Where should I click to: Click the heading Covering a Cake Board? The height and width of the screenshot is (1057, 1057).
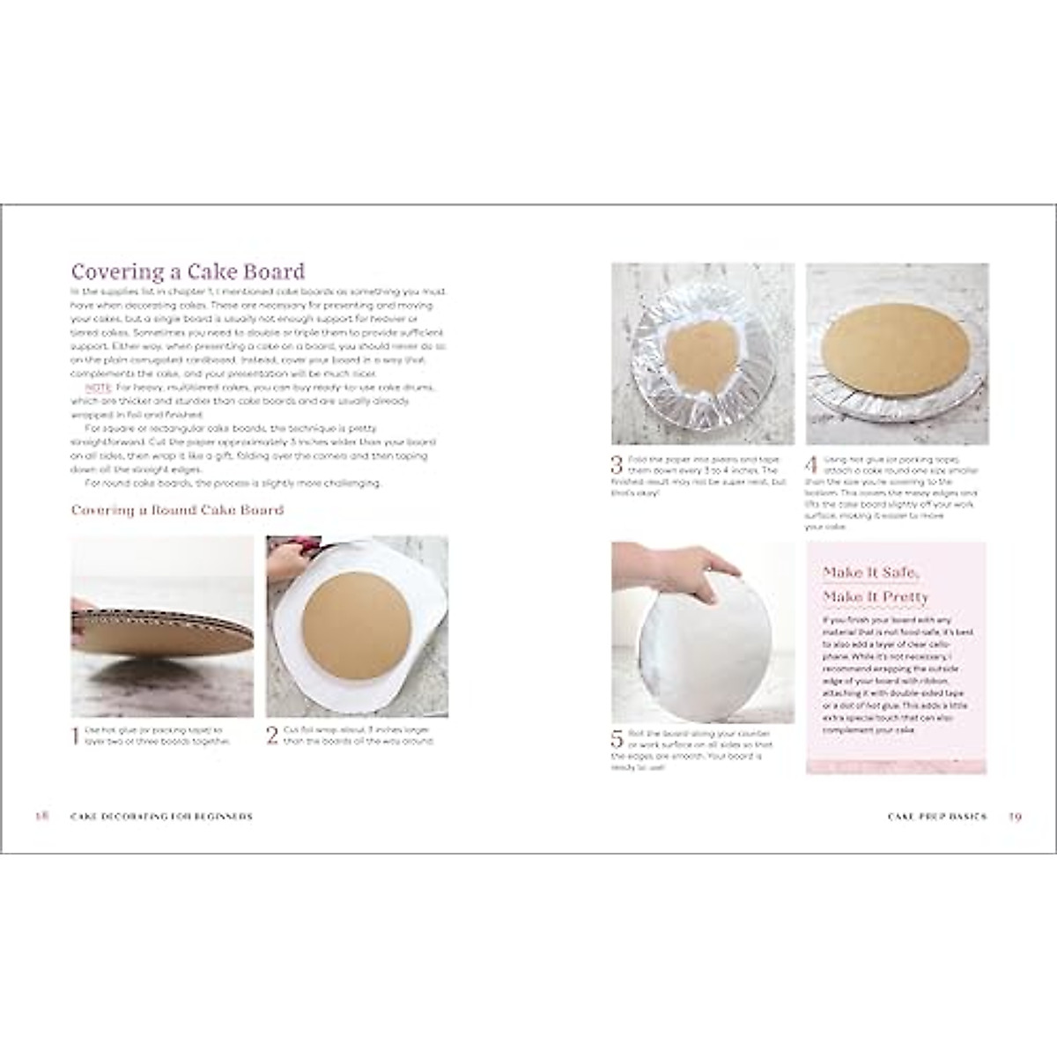coord(188,271)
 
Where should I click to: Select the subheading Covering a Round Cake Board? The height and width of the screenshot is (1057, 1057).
coord(177,510)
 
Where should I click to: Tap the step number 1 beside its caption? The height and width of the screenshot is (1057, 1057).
coord(76,735)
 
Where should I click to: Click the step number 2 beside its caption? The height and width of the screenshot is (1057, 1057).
coord(272,735)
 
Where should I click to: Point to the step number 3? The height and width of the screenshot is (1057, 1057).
coord(617,464)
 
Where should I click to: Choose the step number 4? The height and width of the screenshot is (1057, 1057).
coord(811,464)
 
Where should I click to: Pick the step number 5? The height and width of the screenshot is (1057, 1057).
coord(617,739)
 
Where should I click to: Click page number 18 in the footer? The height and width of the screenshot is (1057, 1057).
coord(41,817)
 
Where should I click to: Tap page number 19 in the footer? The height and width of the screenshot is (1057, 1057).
coord(1015,817)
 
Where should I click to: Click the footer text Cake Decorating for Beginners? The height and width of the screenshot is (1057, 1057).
coord(161,817)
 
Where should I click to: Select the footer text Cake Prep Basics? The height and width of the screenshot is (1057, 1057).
coord(937,817)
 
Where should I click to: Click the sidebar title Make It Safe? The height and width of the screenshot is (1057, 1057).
coord(871,573)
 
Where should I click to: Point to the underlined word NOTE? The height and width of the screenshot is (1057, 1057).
coord(96,388)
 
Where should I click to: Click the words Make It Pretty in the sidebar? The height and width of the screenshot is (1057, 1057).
coord(876,597)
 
